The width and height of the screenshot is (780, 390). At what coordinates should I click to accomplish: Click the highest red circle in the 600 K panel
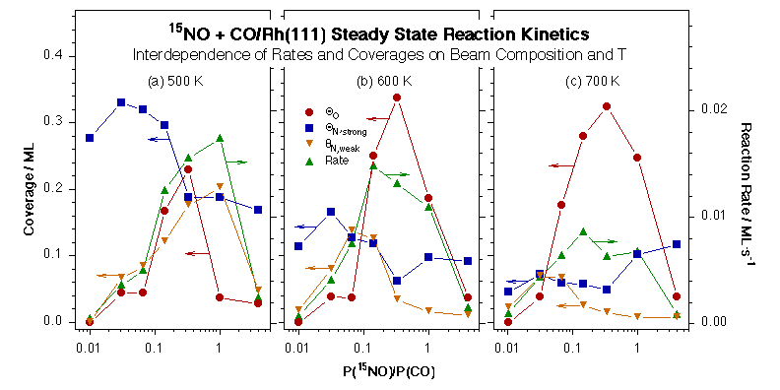click(396, 97)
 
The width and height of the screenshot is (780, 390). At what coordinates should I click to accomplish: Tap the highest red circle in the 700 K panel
click(607, 106)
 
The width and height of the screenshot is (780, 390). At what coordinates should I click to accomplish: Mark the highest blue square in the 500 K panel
click(121, 102)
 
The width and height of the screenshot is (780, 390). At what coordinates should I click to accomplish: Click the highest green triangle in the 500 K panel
click(219, 138)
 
